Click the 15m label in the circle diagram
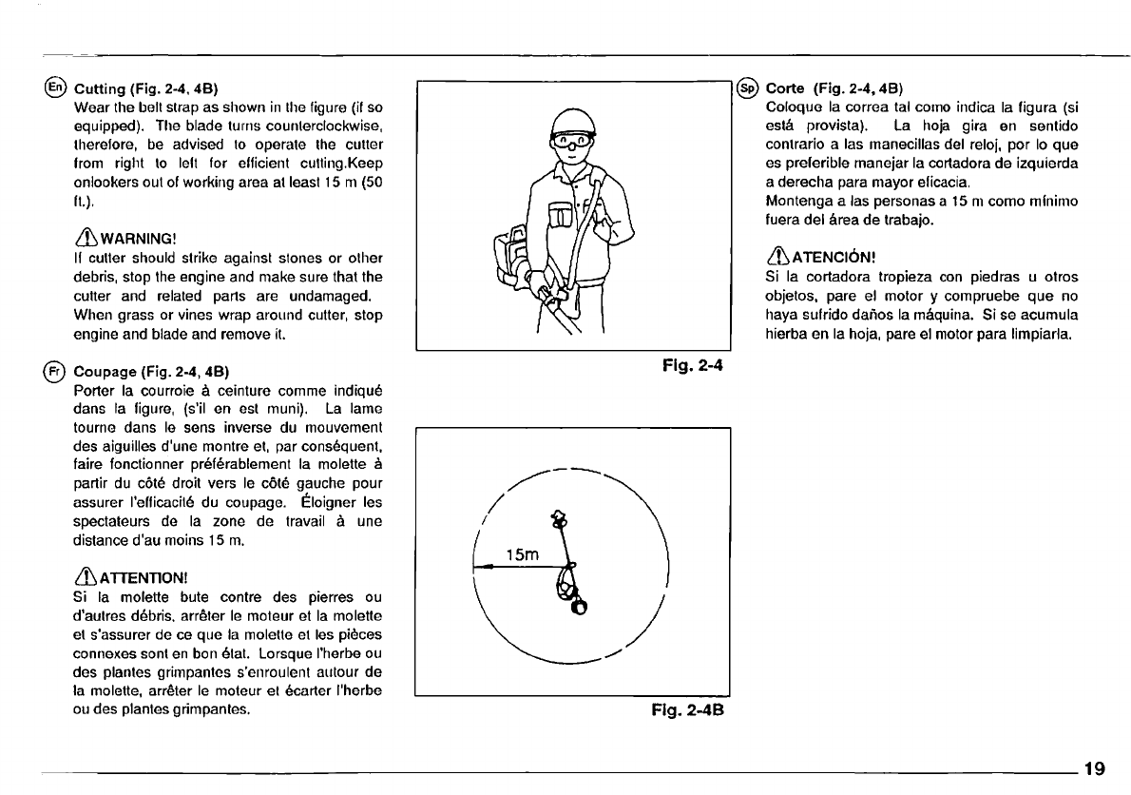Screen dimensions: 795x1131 522,554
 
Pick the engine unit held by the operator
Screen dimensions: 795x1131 512,256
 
